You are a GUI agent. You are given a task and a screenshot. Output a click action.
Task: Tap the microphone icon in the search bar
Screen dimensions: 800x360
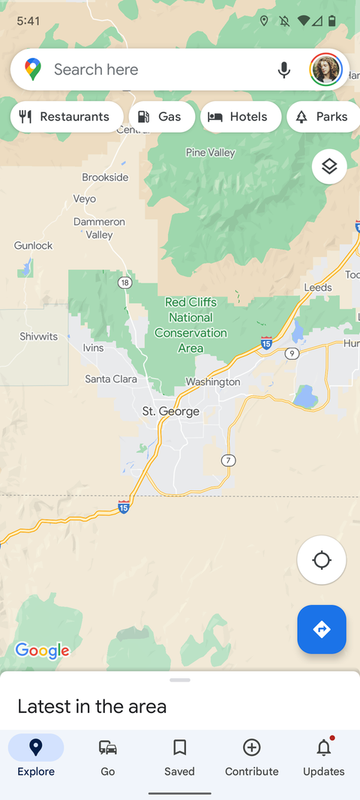pyautogui.click(x=283, y=70)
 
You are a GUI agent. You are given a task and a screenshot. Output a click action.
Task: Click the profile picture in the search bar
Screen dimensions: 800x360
pyautogui.click(x=325, y=70)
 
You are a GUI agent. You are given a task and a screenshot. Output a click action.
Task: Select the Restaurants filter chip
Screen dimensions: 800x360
pyautogui.click(x=66, y=117)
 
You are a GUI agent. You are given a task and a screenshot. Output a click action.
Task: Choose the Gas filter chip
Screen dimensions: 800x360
pyautogui.click(x=161, y=117)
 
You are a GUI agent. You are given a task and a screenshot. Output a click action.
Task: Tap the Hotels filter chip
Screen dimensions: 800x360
pyautogui.click(x=240, y=117)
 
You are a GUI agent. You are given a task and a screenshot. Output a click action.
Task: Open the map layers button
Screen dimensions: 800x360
pyautogui.click(x=329, y=166)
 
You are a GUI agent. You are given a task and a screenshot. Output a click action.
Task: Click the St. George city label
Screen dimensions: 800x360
pyautogui.click(x=171, y=411)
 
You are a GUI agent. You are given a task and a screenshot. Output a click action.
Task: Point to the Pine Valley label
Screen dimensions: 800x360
pyautogui.click(x=210, y=153)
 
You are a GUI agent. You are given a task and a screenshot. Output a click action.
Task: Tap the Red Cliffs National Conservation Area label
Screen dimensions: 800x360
pyautogui.click(x=190, y=325)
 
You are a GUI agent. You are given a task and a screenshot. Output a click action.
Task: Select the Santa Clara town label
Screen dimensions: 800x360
pyautogui.click(x=111, y=379)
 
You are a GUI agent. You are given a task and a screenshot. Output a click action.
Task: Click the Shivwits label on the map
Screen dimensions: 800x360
pyautogui.click(x=39, y=337)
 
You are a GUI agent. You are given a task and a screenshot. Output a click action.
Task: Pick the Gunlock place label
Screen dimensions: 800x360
pyautogui.click(x=34, y=246)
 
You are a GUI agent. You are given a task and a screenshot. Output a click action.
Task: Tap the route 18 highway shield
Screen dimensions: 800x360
pyautogui.click(x=124, y=283)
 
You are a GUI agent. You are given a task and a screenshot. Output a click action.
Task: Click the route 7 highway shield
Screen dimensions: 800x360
pyautogui.click(x=229, y=460)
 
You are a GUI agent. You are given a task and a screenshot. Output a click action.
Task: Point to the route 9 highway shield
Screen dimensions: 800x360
pyautogui.click(x=292, y=353)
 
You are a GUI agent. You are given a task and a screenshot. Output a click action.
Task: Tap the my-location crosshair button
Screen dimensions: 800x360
pyautogui.click(x=322, y=560)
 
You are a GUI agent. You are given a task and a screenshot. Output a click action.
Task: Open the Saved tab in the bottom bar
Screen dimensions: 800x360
pyautogui.click(x=179, y=756)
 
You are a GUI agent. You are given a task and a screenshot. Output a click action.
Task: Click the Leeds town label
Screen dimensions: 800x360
pyautogui.click(x=318, y=288)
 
